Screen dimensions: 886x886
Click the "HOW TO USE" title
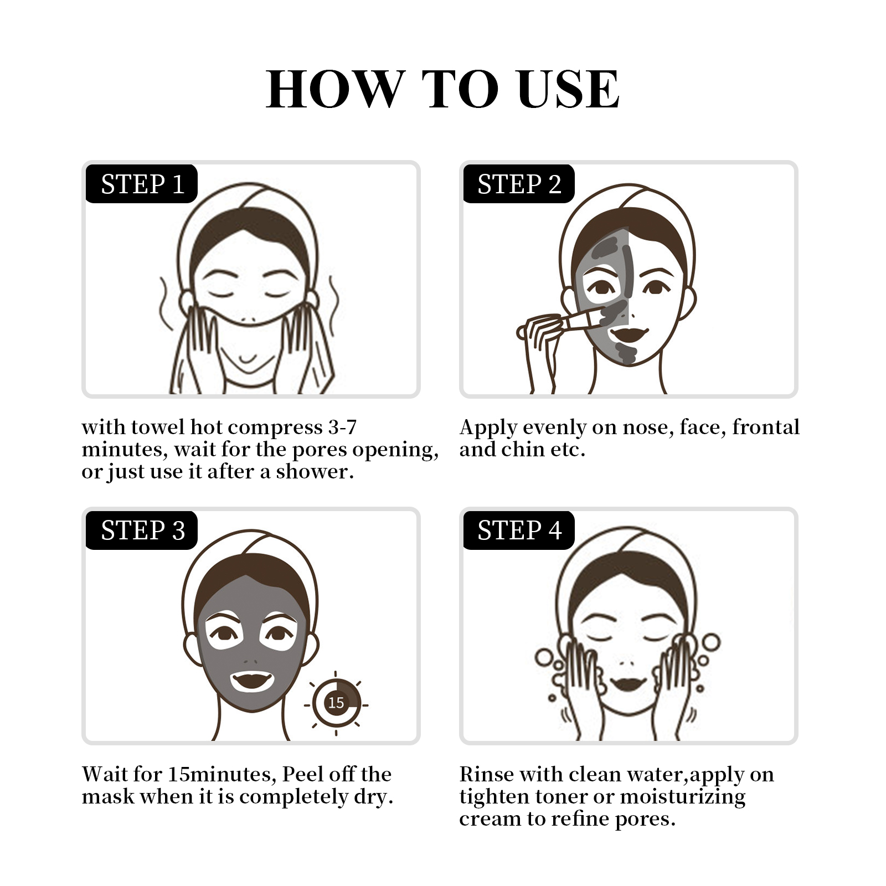click(x=443, y=89)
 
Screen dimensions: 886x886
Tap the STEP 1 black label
click(x=142, y=184)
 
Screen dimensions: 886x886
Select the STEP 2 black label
click(x=519, y=184)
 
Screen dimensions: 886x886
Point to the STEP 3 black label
click(x=142, y=530)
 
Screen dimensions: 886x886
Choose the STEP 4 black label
click(x=519, y=530)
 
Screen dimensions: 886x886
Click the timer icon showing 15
click(x=336, y=703)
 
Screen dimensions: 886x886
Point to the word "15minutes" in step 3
click(x=220, y=774)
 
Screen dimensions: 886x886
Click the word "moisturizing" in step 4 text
click(x=683, y=797)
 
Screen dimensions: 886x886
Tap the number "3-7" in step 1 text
click(x=342, y=427)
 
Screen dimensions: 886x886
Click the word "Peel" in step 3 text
click(x=302, y=774)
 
